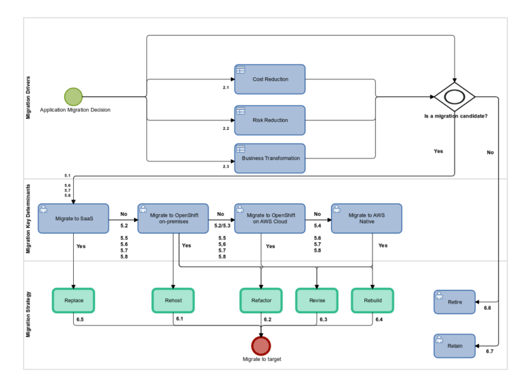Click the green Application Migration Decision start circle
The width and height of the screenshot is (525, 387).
tap(73, 96)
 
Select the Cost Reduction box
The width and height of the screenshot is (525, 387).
tap(269, 79)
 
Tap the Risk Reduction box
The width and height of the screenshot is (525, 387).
tap(269, 120)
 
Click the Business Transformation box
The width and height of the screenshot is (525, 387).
tap(269, 158)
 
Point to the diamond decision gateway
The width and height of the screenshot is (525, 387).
tap(454, 97)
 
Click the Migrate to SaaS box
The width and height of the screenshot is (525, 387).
tap(73, 218)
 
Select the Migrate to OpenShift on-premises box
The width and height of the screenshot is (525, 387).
tap(173, 218)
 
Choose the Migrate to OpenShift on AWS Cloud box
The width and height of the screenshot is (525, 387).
tap(269, 218)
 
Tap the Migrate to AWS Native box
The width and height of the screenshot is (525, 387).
tap(366, 218)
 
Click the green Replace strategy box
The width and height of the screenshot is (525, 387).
tap(73, 300)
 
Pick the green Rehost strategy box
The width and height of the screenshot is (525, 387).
tap(173, 300)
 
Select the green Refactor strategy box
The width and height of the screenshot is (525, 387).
tap(261, 300)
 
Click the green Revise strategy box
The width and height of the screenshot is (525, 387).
tap(317, 300)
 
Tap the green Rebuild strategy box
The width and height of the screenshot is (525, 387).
tap(373, 300)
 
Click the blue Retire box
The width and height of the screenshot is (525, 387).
tap(455, 302)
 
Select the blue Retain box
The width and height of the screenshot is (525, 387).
tap(455, 345)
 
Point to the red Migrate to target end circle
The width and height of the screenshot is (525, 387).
tap(261, 345)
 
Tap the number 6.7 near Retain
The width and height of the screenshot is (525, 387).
tap(489, 351)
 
